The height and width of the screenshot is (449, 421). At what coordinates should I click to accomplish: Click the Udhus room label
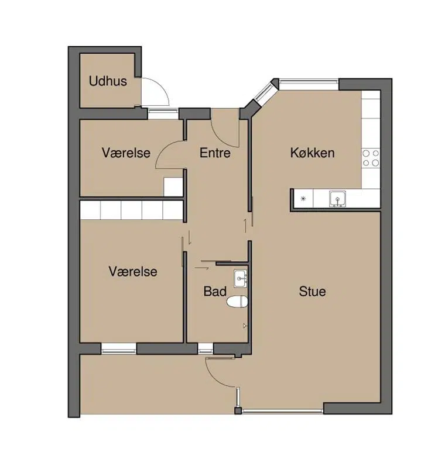click(x=108, y=81)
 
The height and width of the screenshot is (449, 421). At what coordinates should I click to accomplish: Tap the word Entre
click(x=215, y=153)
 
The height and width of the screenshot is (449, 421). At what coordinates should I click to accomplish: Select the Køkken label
click(x=312, y=153)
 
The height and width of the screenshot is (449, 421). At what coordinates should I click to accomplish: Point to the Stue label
click(x=312, y=292)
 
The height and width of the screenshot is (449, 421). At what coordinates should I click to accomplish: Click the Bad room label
click(x=215, y=292)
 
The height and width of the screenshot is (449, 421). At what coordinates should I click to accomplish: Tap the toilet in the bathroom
click(x=237, y=302)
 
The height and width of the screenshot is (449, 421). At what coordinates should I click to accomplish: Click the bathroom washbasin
click(x=240, y=278)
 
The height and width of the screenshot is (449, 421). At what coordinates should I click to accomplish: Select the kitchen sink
click(x=337, y=198)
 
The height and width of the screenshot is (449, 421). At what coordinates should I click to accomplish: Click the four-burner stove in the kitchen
click(x=371, y=158)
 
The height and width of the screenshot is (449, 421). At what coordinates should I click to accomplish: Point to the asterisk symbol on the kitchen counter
click(x=303, y=198)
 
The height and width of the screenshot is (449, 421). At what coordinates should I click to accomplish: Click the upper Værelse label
click(x=126, y=153)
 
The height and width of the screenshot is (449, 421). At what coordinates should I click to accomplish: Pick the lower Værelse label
click(x=133, y=271)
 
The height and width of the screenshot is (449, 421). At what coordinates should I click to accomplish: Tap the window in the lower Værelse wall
click(x=119, y=348)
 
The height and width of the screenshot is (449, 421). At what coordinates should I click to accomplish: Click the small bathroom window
click(x=206, y=348)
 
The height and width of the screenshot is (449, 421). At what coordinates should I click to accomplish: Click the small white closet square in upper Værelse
click(x=173, y=186)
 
